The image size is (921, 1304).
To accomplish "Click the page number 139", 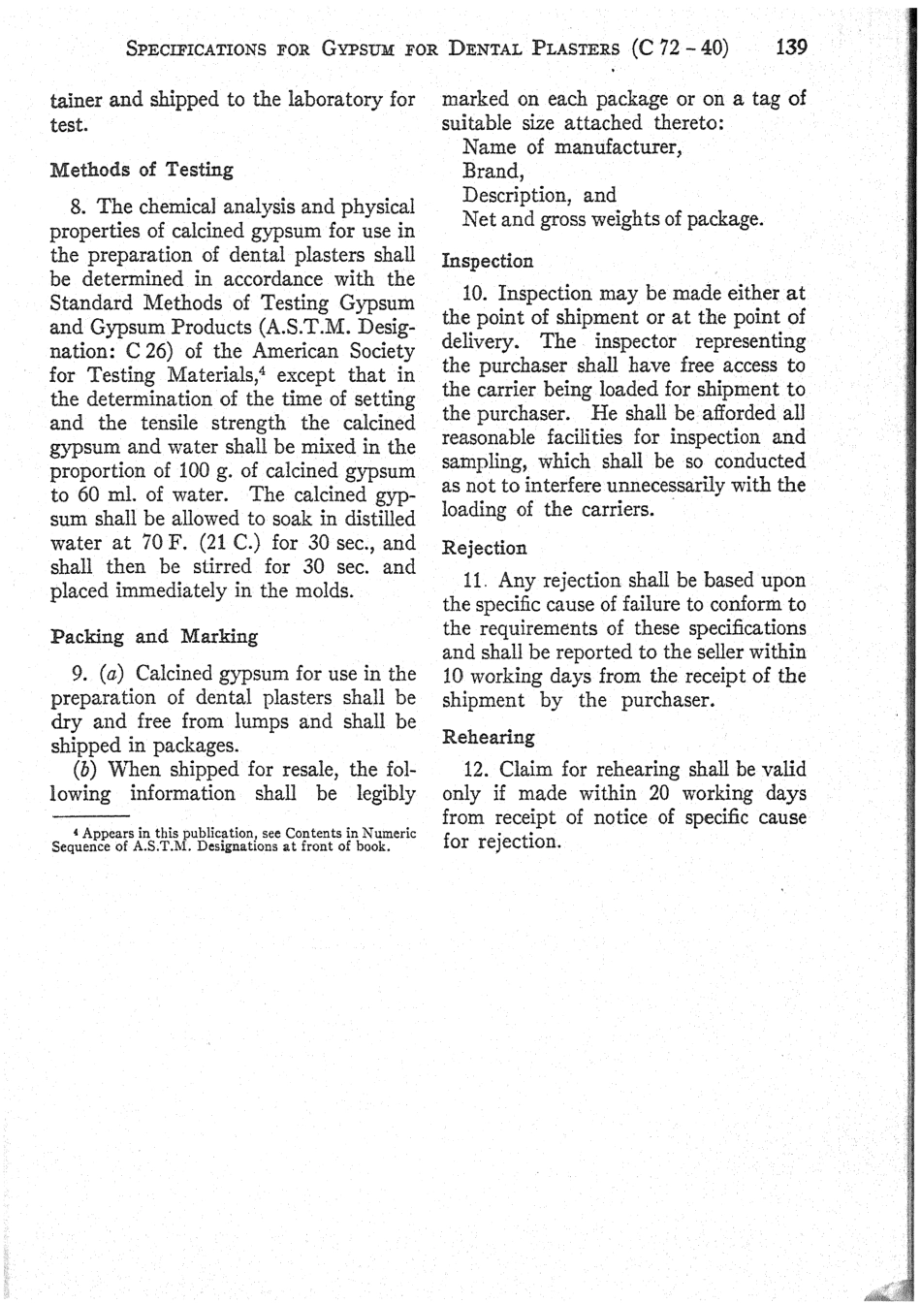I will tap(791, 47).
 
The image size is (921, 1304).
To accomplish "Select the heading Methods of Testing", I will tap(142, 170).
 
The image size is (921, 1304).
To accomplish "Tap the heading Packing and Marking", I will tap(153, 637).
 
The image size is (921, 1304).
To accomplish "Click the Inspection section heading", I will tap(488, 261).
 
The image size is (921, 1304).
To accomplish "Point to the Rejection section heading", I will tap(485, 548).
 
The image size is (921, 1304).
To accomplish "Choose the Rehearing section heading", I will tap(489, 737).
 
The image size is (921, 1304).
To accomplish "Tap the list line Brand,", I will tap(492, 171).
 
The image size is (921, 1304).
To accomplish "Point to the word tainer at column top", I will tap(76, 100).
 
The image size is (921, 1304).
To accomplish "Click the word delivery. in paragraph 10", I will tap(483, 341).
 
